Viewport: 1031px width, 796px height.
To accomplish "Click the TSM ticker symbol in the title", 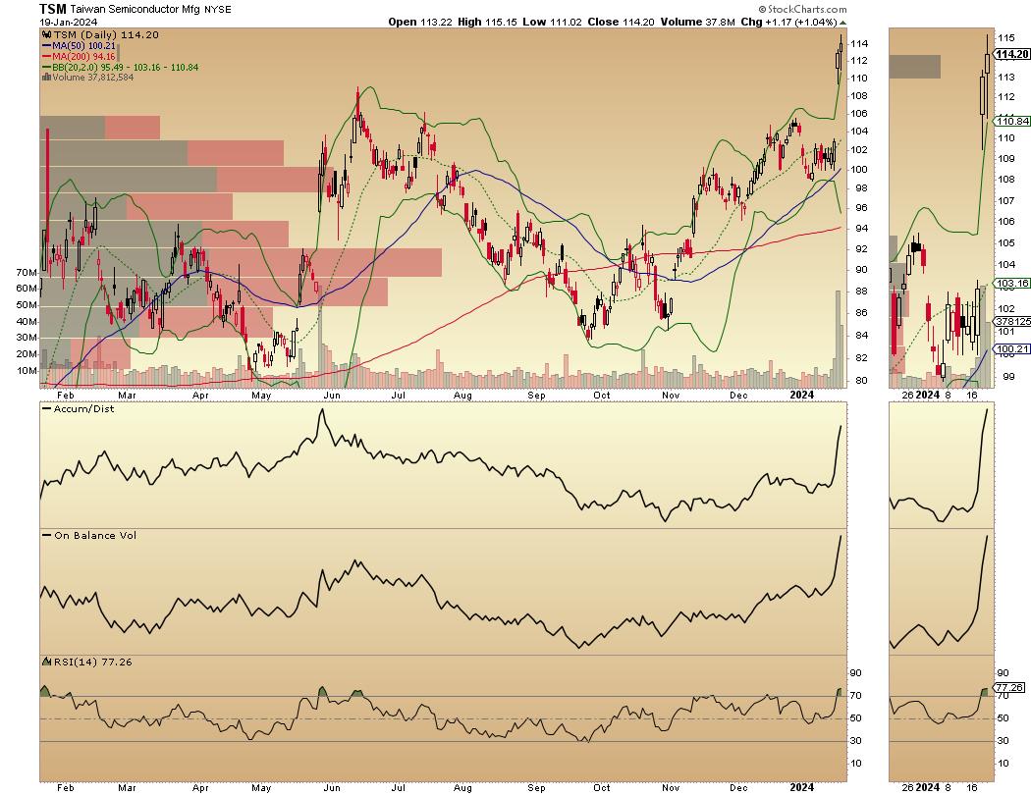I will click(x=53, y=9).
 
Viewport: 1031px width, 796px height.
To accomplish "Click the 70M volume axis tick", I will click(x=26, y=272).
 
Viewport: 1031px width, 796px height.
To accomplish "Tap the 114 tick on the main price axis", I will click(x=859, y=44).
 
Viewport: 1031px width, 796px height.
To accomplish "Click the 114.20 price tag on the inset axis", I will click(x=1012, y=54).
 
